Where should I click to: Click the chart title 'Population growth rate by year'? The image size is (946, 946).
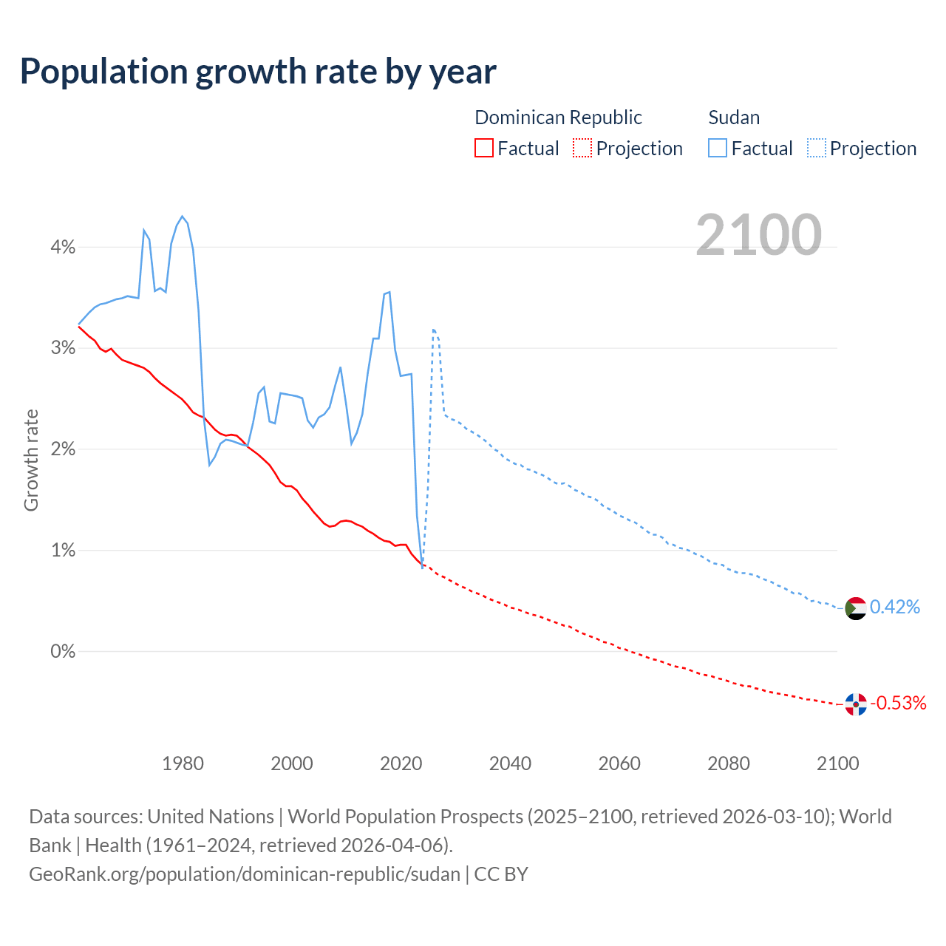[x=258, y=72]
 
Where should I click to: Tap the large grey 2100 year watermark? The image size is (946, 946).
[x=758, y=235]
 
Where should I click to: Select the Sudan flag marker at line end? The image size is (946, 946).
[x=855, y=608]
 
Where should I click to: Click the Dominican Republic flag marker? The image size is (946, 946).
[x=855, y=704]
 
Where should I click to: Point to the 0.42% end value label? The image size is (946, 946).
[x=895, y=608]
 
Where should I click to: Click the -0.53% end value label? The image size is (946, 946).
[x=899, y=703]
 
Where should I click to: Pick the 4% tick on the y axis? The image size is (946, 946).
[x=63, y=248]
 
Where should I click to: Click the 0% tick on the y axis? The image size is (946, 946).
[x=63, y=652]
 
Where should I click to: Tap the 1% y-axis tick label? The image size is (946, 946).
[x=63, y=551]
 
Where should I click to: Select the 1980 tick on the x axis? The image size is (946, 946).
[x=183, y=763]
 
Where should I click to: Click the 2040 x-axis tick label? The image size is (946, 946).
[x=510, y=763]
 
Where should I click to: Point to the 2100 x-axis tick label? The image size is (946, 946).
[x=837, y=763]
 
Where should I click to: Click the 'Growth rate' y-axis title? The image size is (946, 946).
[x=31, y=460]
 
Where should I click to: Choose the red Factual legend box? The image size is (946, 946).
[x=483, y=148]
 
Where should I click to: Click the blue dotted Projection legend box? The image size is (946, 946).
[x=817, y=148]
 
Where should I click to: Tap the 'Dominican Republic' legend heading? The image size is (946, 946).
[x=558, y=118]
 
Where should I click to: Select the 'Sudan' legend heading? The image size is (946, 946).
[x=734, y=118]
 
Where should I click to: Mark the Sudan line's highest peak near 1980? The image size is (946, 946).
[x=182, y=217]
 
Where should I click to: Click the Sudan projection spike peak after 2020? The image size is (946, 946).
[x=433, y=330]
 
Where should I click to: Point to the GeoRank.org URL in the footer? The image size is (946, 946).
[x=245, y=874]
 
